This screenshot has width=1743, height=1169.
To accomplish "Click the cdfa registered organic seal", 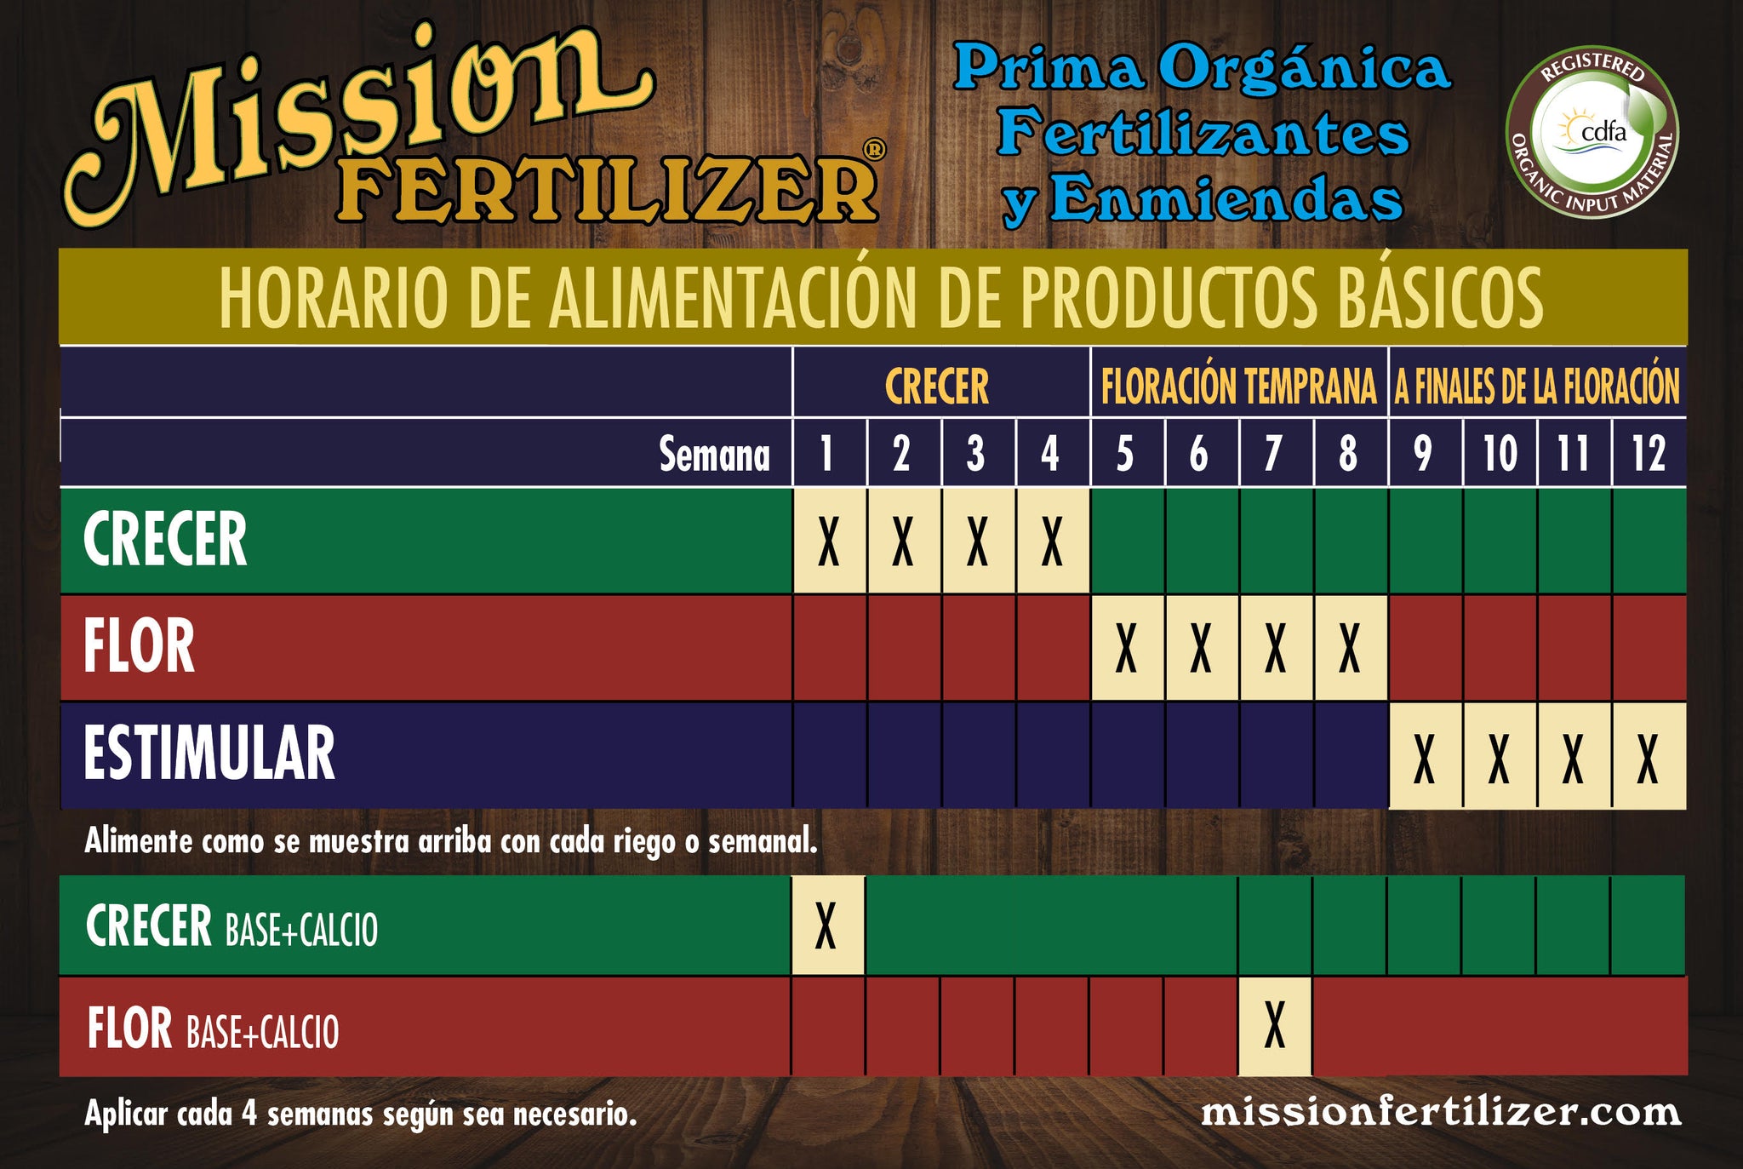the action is (1592, 132).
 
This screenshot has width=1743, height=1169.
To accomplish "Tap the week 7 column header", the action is (1273, 453).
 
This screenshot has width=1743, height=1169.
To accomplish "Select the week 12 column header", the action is (1649, 453).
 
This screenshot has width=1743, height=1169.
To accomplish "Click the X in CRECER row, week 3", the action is (978, 541).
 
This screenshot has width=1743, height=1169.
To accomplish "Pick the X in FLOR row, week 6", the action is (1201, 648).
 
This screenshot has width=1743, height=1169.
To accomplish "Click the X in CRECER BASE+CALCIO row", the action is (826, 925).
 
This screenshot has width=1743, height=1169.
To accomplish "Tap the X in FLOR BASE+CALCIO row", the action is (1274, 1026).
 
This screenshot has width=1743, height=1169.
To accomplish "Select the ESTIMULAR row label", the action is (209, 754).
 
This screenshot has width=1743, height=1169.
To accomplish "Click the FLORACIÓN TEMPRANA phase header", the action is (1238, 386).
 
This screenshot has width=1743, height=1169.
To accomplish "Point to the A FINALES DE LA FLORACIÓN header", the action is (1537, 386).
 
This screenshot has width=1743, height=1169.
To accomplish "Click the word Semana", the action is (715, 454).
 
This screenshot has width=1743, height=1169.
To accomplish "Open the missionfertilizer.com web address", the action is (1440, 1112).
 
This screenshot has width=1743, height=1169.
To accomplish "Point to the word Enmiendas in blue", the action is (1226, 198).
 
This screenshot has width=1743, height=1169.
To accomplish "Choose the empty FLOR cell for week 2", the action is (904, 648).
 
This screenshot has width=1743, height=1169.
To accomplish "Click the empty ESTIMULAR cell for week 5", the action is (1128, 755).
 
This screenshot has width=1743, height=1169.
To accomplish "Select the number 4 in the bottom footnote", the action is (249, 1114).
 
